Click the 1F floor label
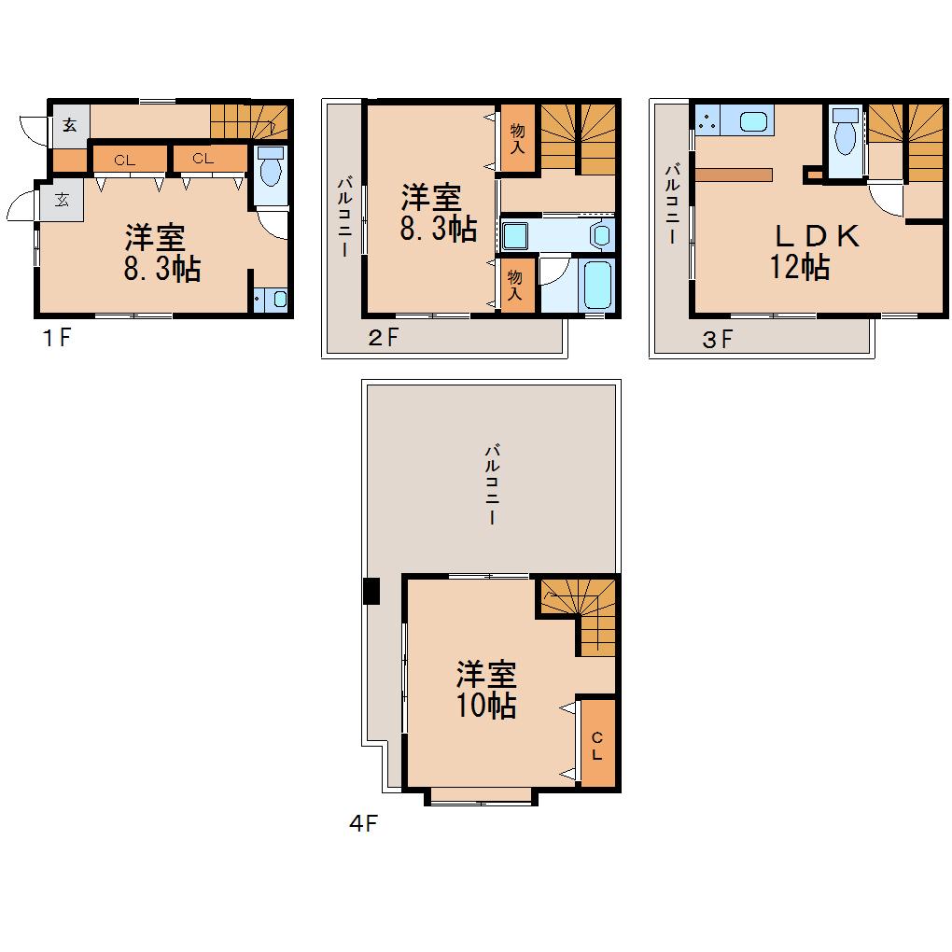[x=58, y=338]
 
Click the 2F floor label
[x=384, y=338]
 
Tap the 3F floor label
[x=718, y=340]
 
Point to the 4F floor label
[x=364, y=823]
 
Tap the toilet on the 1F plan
[x=271, y=167]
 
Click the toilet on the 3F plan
[x=846, y=132]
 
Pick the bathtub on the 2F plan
[x=596, y=285]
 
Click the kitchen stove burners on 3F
[x=707, y=119]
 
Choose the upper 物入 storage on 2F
[x=517, y=138]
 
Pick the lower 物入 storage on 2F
[x=516, y=286]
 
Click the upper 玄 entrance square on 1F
[x=70, y=126]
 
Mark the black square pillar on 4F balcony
[x=371, y=591]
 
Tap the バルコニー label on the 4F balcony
[x=492, y=484]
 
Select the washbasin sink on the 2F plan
[x=515, y=235]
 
